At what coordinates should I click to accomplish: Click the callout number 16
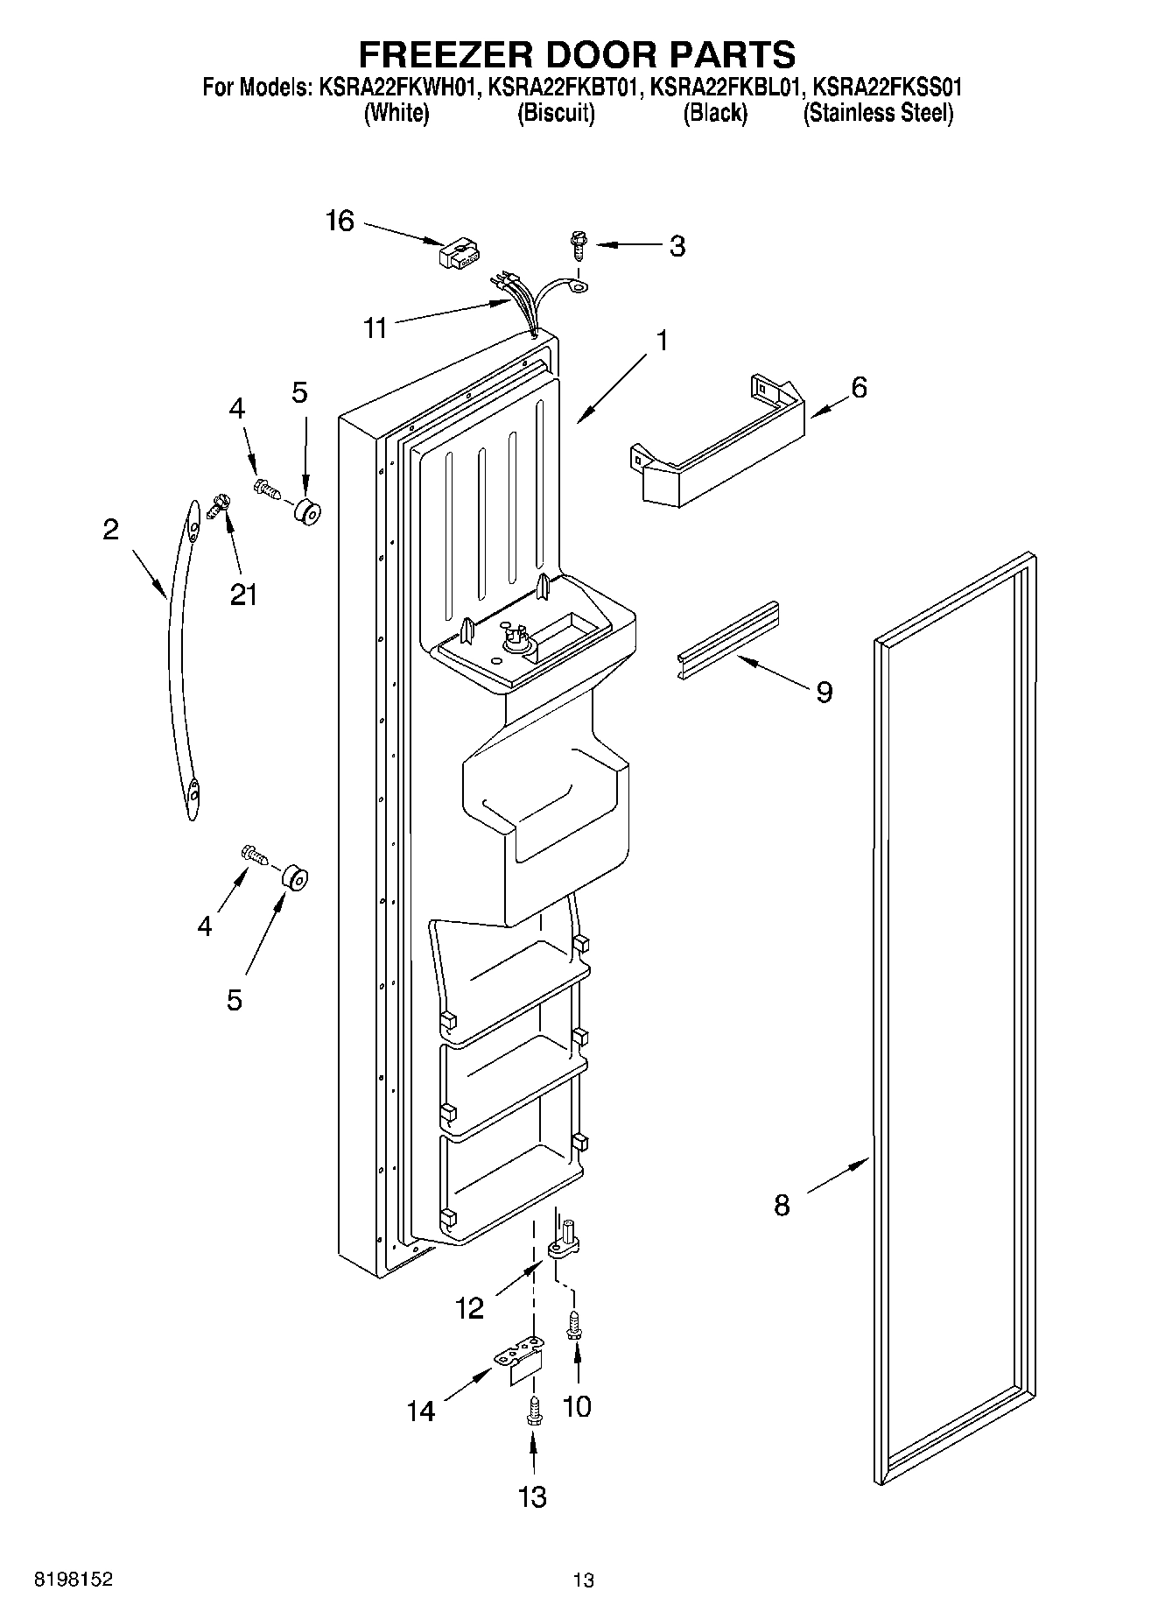[340, 221]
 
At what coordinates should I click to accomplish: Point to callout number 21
[243, 595]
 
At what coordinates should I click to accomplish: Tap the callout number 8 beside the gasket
[782, 1206]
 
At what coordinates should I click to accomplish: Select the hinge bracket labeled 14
[522, 1362]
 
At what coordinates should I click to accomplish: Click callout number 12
[469, 1308]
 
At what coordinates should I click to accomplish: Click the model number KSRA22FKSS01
[888, 88]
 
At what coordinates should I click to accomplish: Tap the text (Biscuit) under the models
[556, 113]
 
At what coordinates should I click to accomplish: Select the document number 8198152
[73, 1580]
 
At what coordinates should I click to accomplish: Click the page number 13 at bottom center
[584, 1580]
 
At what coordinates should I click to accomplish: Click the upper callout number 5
[299, 393]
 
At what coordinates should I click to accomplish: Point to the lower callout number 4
[205, 926]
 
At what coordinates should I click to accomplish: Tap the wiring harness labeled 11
[525, 302]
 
